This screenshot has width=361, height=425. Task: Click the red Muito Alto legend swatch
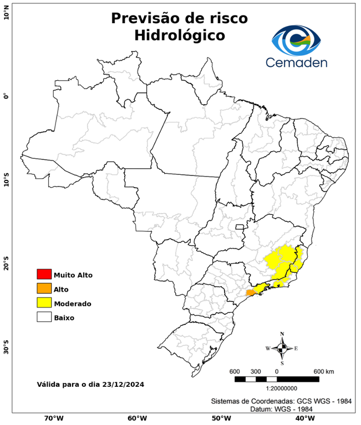(44, 274)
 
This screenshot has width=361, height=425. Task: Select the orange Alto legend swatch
(44, 289)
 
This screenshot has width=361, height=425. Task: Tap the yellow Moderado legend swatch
(44, 303)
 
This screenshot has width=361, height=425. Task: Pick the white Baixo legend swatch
(44, 318)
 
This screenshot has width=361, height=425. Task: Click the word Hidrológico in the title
(179, 35)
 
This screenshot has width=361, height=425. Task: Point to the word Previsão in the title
(146, 18)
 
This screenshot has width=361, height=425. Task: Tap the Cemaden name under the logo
(296, 62)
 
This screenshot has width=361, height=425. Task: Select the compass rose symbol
(282, 348)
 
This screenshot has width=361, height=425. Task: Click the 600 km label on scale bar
(324, 371)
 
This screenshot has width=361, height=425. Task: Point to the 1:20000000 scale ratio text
(276, 388)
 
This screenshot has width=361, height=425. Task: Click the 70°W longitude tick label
(54, 418)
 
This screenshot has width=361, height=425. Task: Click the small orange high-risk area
(251, 292)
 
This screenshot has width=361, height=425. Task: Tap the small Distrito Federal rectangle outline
(240, 226)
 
